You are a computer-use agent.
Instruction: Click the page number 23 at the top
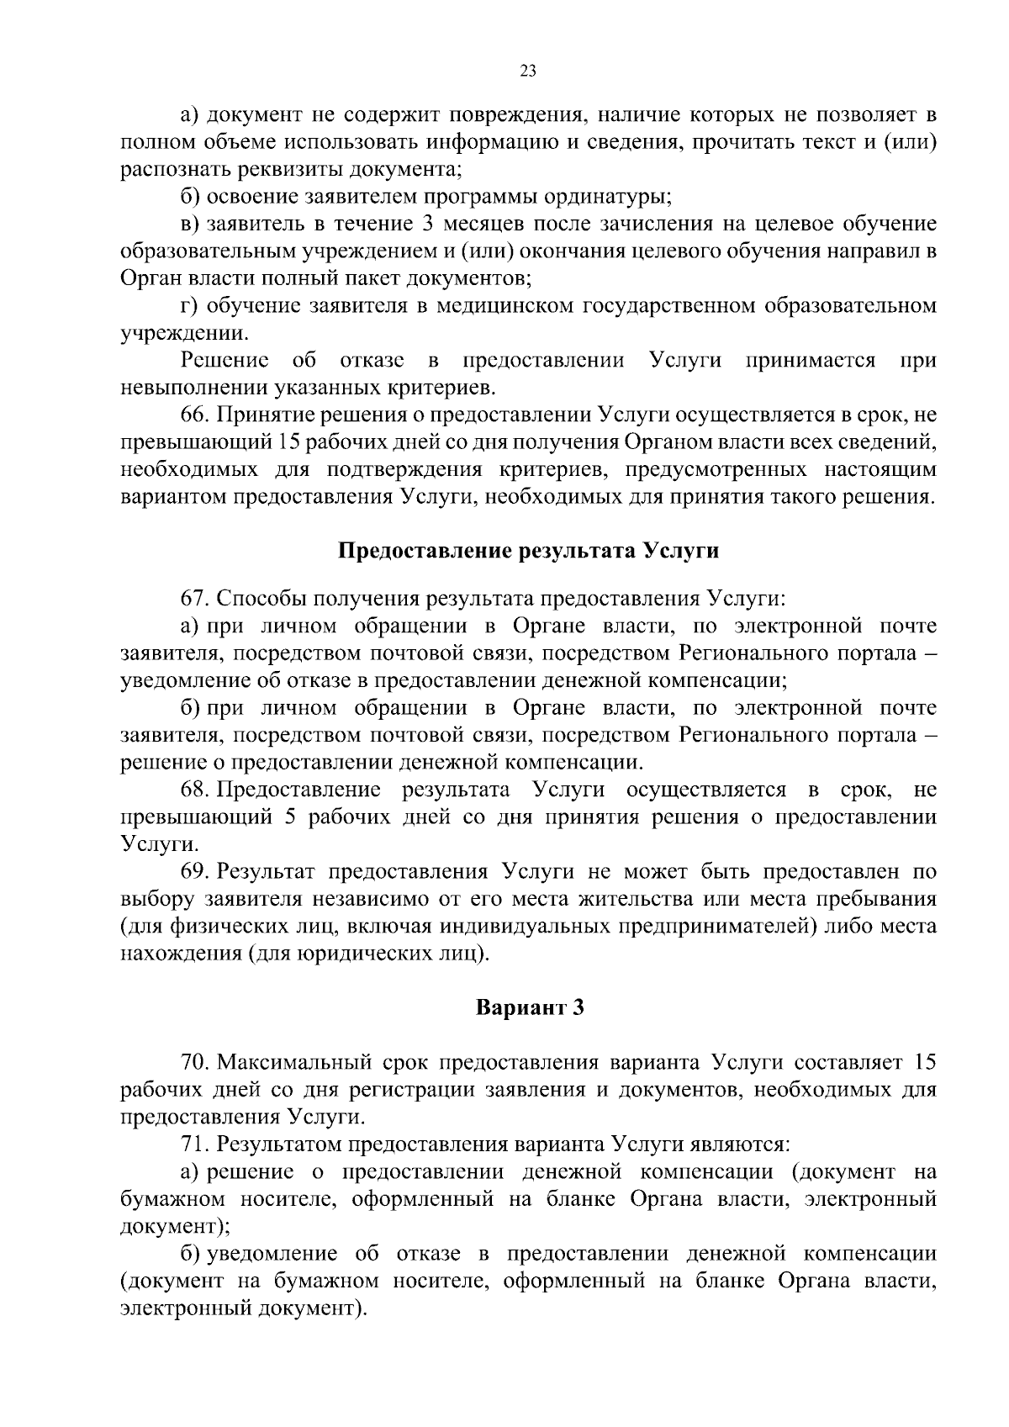click(x=528, y=71)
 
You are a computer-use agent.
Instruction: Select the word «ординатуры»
click(x=601, y=198)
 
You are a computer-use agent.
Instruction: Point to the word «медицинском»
click(x=497, y=305)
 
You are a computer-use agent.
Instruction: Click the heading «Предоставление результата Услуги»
click(x=528, y=551)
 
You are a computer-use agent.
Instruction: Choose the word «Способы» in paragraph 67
click(x=257, y=599)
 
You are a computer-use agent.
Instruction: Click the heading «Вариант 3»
click(x=529, y=1007)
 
